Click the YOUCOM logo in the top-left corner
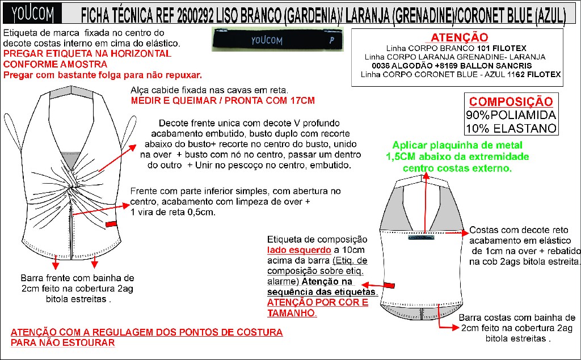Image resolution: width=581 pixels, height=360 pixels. (32, 14)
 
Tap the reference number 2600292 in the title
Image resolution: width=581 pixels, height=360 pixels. (195, 15)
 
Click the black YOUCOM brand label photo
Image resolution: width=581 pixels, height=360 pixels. (277, 39)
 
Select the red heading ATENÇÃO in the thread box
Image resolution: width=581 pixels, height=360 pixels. (460, 37)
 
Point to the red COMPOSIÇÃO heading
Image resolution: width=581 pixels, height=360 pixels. (511, 101)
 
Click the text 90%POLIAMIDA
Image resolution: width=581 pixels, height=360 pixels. (511, 115)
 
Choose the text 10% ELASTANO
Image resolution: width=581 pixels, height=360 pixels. (511, 129)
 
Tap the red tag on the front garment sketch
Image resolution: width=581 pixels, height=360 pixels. (111, 224)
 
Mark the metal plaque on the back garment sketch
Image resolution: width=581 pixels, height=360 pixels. (421, 237)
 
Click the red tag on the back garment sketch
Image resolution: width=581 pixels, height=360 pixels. (389, 285)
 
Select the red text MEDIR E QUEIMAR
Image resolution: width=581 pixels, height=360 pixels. (176, 101)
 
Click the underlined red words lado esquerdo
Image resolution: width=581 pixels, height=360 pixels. (299, 250)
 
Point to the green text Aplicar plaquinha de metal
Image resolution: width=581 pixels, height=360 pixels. (457, 145)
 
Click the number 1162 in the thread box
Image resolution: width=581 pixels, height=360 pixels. (516, 74)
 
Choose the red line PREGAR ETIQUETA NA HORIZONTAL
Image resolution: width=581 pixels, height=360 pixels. (87, 54)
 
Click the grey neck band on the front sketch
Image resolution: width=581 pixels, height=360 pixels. (70, 92)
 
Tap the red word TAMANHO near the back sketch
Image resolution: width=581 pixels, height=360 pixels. (291, 313)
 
